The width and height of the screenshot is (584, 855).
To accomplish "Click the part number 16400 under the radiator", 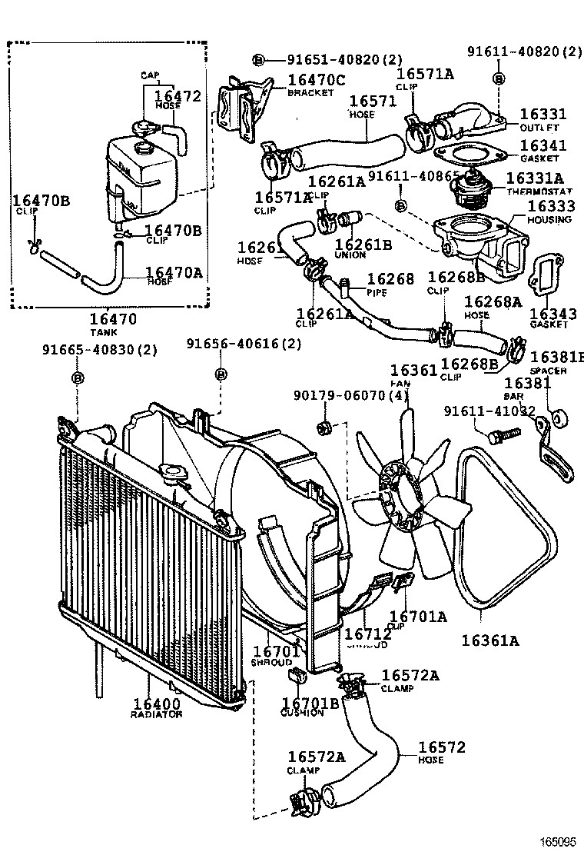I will pos(156,702).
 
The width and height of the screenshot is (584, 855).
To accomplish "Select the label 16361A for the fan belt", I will pos(490,639).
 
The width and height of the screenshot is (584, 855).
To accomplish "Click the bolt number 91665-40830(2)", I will pos(99,350).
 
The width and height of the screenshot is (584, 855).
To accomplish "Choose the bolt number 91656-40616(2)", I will pos(244,344).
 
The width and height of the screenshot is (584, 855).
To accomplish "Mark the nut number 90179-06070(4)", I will pos(350,396).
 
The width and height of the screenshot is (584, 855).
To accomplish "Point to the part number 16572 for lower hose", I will pos(442,747).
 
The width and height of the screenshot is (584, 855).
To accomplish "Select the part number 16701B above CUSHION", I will pos(310,702).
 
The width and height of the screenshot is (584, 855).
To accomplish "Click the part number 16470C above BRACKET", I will pos(317,80).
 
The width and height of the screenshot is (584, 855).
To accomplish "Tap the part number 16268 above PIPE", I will pos(390,280).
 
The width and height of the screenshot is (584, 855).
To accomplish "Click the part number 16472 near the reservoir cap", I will pos(178,96).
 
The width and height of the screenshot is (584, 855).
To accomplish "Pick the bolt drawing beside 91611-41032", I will pos(503,434).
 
